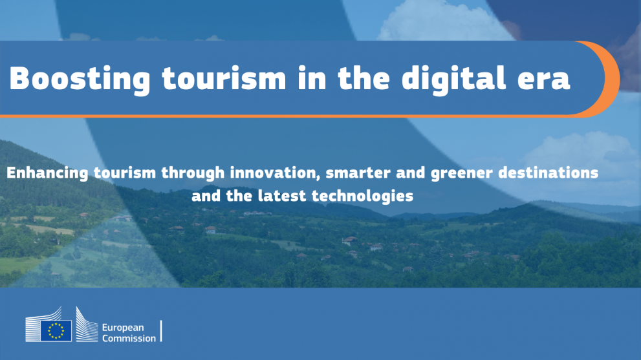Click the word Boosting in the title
(80, 79)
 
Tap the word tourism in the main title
(224, 78)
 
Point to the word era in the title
(544, 80)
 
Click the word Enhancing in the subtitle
(47, 173)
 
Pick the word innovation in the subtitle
(274, 173)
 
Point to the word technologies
(363, 196)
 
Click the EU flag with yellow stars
(56, 330)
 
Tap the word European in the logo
(123, 328)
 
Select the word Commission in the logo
(129, 338)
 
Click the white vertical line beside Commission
(162, 330)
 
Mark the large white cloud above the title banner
(444, 21)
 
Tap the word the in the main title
(364, 78)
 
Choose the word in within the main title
(312, 78)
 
